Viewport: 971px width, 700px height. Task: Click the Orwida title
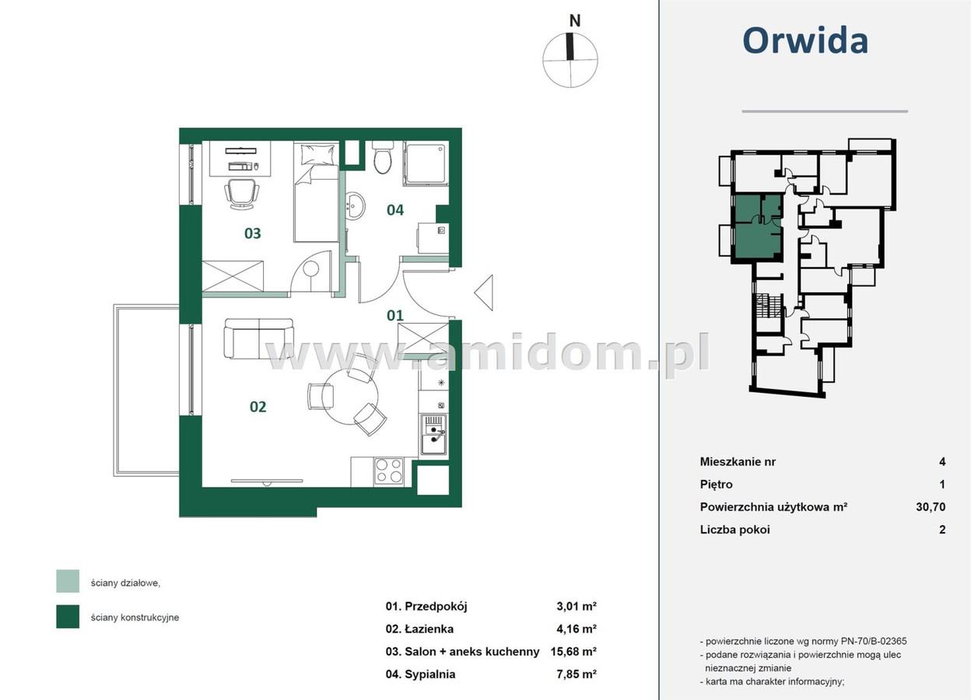point(805,40)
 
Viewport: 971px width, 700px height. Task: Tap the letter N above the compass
point(575,21)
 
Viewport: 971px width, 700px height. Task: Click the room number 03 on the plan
point(253,233)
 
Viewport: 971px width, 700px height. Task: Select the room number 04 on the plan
point(395,210)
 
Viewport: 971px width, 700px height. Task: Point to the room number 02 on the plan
point(258,407)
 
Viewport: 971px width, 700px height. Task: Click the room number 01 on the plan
point(395,316)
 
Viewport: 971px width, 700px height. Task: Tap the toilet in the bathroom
point(383,157)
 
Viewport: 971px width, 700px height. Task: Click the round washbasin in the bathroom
point(356,205)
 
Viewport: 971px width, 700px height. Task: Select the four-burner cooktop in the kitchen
point(389,471)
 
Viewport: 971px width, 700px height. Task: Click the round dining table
point(350,396)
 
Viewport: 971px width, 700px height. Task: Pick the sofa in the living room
point(259,338)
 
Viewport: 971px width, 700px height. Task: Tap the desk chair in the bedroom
point(242,194)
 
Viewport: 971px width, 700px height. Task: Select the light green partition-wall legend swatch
point(68,581)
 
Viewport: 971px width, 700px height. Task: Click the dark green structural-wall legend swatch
point(68,616)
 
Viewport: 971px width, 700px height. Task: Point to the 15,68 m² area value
point(573,652)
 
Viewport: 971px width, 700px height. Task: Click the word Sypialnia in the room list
point(430,674)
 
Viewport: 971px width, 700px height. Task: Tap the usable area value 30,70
point(931,506)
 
